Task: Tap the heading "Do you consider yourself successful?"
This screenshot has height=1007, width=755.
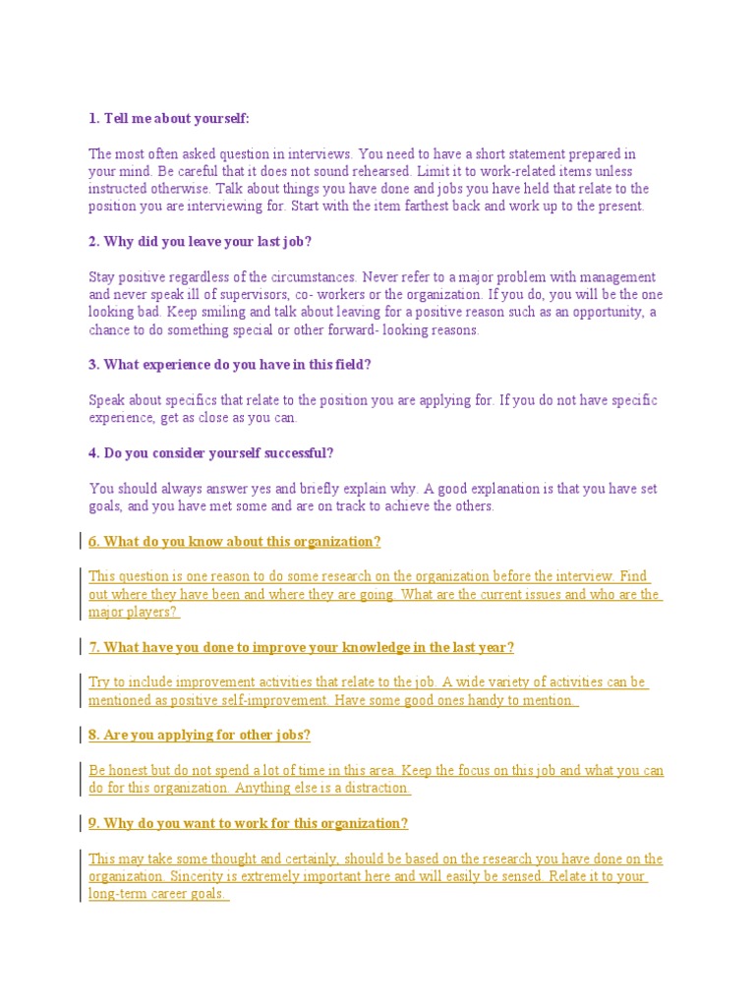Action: pyautogui.click(x=211, y=453)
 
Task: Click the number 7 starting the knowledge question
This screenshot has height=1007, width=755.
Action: pyautogui.click(x=92, y=647)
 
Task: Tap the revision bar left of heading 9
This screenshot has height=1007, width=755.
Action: pyautogui.click(x=79, y=823)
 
